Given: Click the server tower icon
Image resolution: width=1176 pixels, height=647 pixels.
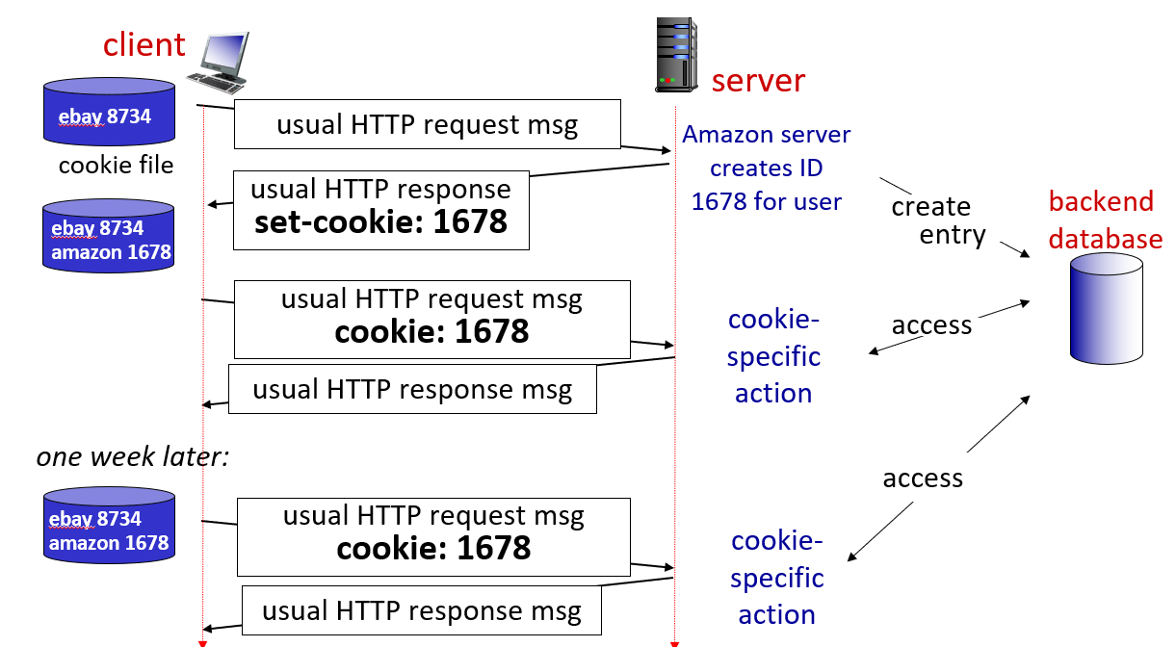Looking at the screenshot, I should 676,54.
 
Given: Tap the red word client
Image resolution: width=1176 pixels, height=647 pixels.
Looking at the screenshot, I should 144,44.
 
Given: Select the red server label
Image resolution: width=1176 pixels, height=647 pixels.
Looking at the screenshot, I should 758,81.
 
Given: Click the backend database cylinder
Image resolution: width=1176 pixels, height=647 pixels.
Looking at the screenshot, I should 1107,308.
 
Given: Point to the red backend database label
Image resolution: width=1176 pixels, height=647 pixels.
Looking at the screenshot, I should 1105,220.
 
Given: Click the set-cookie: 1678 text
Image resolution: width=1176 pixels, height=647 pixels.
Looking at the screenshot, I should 380,222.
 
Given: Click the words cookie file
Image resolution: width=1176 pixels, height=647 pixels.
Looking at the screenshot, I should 116,165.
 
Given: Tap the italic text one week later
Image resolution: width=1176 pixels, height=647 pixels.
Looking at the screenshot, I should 133,456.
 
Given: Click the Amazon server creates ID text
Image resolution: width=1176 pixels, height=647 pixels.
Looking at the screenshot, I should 767,168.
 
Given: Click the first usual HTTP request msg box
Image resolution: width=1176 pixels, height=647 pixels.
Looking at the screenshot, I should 427,125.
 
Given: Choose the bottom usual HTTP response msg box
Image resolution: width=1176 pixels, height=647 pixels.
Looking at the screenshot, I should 422,610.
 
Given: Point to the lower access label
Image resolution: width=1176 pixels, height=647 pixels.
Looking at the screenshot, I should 923,479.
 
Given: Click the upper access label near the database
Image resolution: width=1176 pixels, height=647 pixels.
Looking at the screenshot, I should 931,325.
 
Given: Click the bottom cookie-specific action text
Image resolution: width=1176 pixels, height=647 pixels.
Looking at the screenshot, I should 776,578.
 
